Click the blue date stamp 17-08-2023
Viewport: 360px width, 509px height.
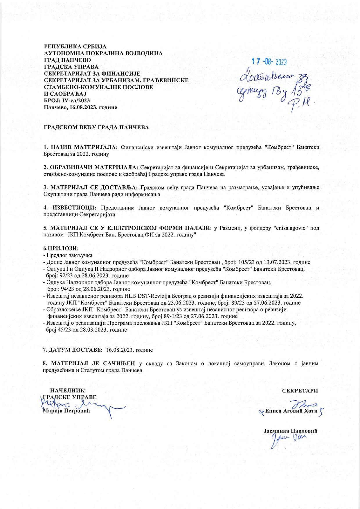[269, 62]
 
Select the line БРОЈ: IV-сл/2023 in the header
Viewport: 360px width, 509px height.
[67, 101]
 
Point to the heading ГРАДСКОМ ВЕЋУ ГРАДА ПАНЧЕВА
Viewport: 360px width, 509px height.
[96, 128]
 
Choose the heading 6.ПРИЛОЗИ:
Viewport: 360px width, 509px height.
[61, 249]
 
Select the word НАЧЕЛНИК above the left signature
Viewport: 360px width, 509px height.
[68, 390]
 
